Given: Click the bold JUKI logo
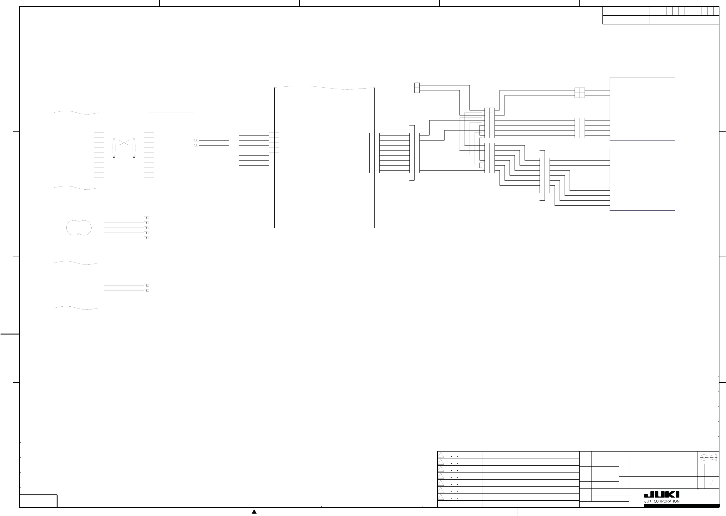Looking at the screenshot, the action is tap(662, 495).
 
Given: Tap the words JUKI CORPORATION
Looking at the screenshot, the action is tap(662, 501).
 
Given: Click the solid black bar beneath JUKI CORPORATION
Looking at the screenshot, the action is tap(681, 505).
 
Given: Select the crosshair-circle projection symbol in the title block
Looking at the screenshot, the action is tap(703, 457).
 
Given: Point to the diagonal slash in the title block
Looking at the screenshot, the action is tap(712, 483).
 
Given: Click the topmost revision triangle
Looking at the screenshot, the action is tap(441, 455).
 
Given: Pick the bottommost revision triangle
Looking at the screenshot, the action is tap(441, 497).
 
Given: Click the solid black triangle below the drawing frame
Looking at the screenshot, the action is tap(254, 512).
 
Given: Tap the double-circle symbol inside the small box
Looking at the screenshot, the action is tap(79, 228).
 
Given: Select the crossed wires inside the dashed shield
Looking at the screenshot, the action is tap(123, 142).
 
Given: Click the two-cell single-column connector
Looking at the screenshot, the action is tap(417, 88).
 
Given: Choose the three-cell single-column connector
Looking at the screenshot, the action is tap(236, 161).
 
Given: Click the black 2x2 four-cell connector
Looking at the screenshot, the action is tap(580, 93).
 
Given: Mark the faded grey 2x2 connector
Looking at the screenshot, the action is tap(99, 288).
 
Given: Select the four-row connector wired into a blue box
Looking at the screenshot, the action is tap(580, 128).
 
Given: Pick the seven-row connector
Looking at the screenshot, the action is tap(545, 175).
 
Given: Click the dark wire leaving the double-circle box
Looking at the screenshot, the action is tap(124, 218).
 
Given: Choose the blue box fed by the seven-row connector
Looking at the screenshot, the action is tap(642, 179).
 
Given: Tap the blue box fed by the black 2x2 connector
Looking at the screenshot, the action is tap(642, 109).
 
